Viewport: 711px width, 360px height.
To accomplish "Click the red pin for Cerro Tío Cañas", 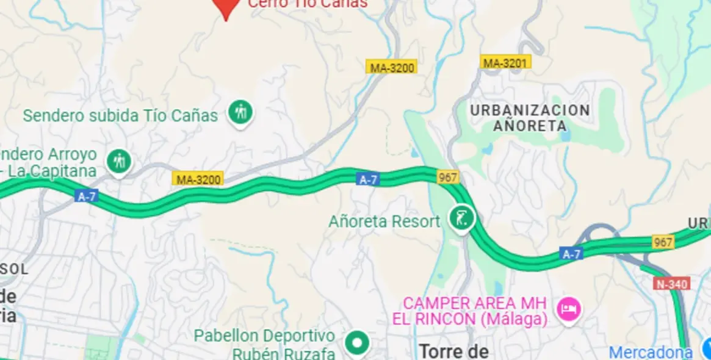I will coord(226,7).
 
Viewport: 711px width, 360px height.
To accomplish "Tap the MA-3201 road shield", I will coord(505,62).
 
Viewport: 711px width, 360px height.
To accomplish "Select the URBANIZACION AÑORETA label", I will coord(529,118).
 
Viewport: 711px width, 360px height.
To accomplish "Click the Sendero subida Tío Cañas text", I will coord(120,115).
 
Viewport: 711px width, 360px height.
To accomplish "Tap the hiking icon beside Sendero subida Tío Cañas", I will coord(241,112).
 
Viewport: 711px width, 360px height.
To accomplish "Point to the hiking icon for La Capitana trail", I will coord(118,162).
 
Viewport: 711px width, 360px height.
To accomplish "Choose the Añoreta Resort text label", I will coord(384,221).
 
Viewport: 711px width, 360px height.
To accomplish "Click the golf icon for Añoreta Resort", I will coord(461,218).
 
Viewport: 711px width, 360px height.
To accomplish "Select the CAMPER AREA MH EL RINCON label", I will coord(475,311).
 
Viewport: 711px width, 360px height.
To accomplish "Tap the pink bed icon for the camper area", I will coord(569,308).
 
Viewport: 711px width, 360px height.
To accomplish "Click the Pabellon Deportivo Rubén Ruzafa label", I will coord(265,344).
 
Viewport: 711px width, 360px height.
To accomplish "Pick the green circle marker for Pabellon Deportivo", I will coord(357,343).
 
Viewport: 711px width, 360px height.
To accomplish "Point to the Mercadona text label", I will coord(651,352).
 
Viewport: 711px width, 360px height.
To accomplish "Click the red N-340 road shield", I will coord(672,284).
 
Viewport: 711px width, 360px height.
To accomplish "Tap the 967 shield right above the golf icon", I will coord(448,178).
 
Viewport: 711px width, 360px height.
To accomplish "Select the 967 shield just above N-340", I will coord(663,242).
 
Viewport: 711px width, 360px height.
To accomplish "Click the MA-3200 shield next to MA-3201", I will coord(392,67).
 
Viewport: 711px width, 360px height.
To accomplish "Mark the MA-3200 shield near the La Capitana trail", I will coord(198,179).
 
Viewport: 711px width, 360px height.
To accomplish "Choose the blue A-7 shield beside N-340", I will coord(571,254).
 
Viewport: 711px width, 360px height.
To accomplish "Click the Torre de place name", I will coord(454,351).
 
